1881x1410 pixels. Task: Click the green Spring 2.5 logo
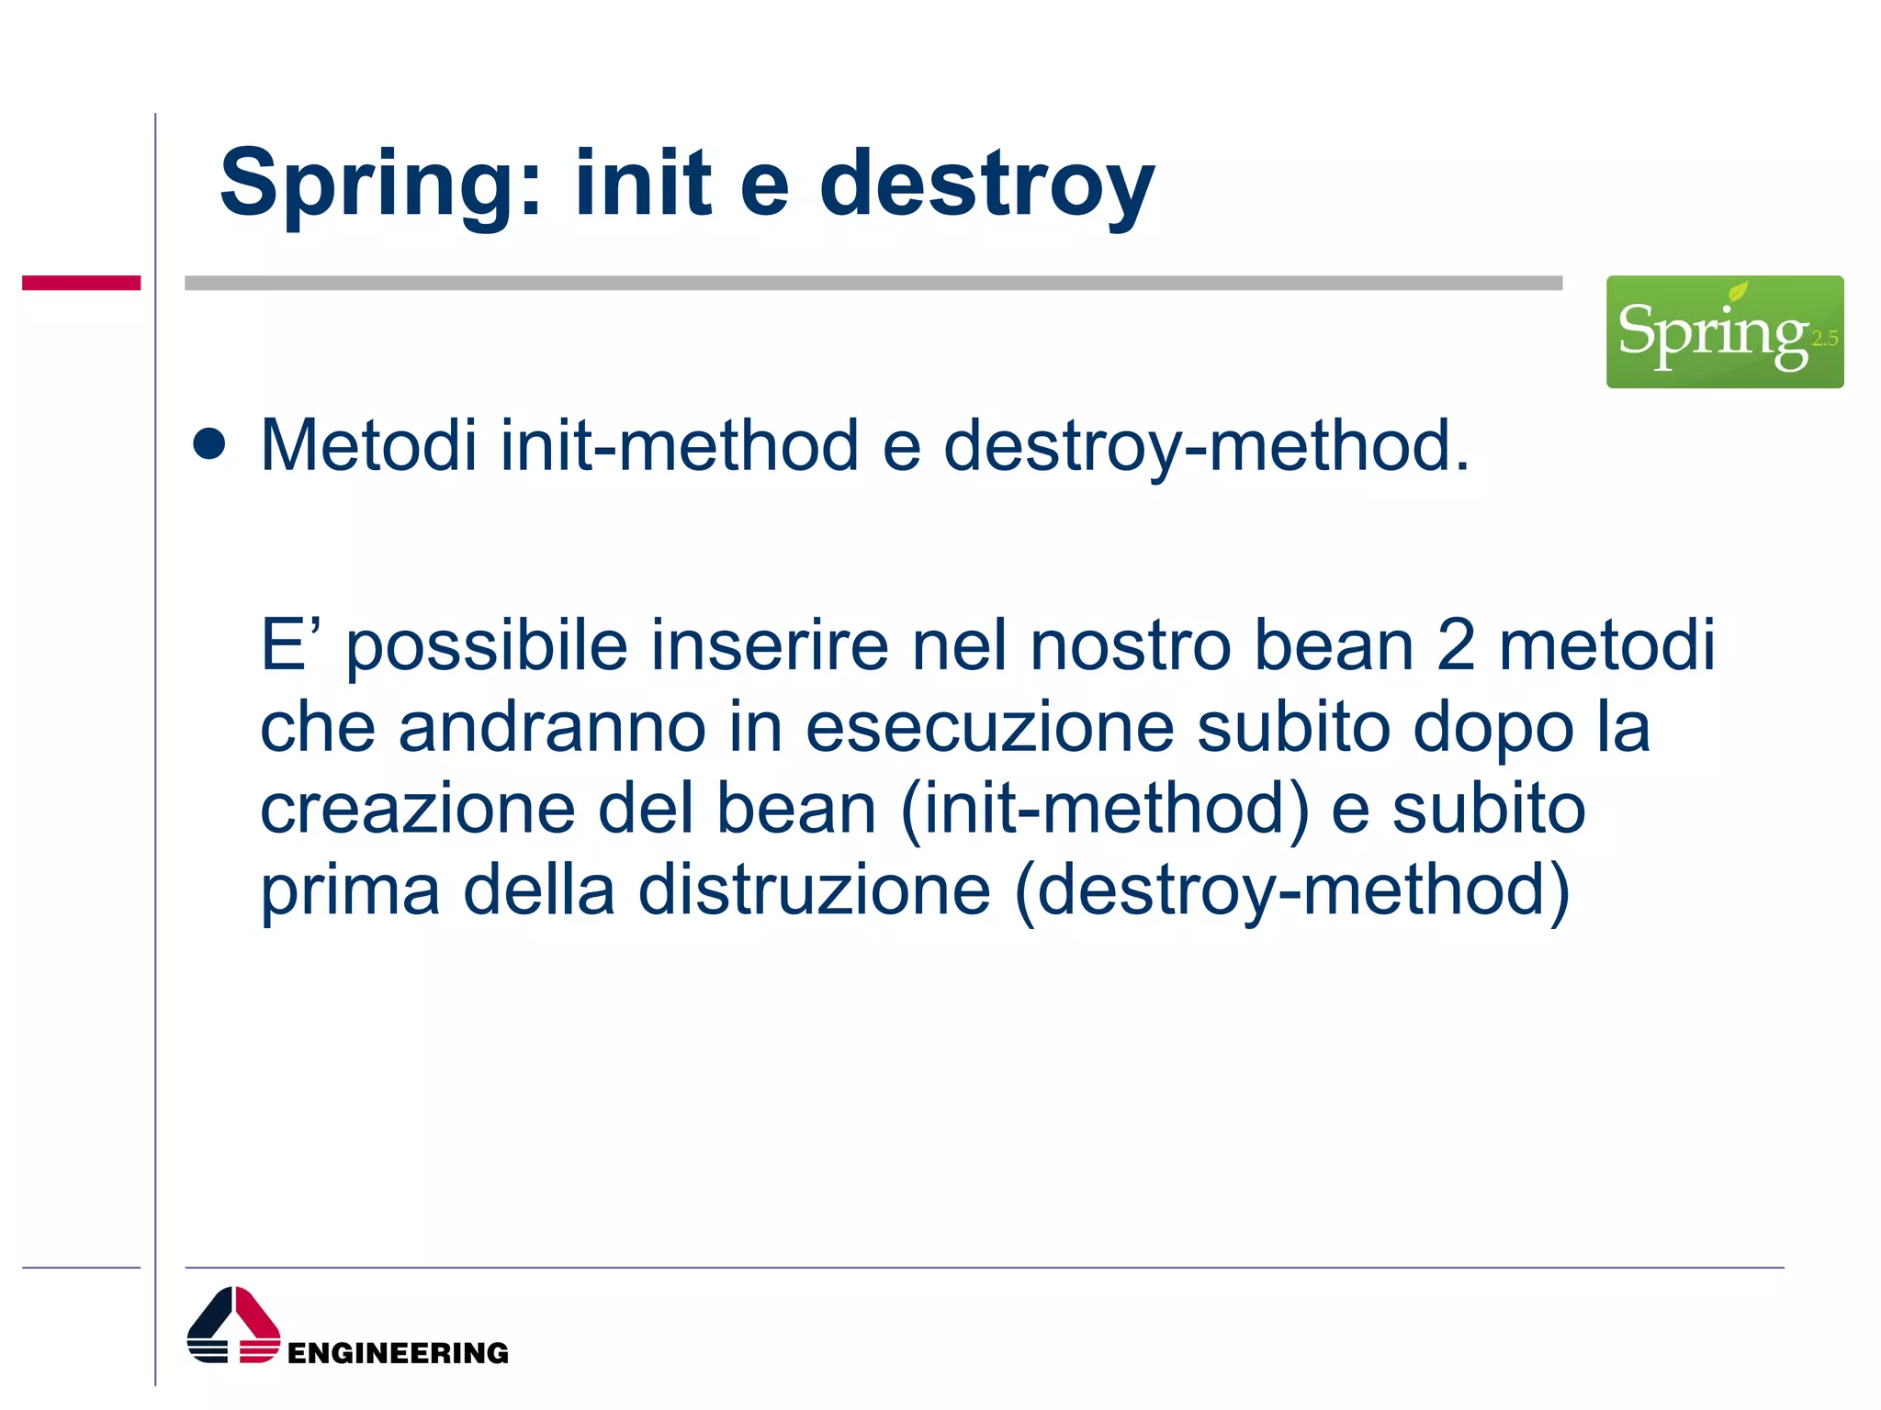click(1724, 331)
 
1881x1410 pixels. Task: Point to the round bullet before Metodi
click(210, 444)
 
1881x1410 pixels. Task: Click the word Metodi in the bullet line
click(368, 446)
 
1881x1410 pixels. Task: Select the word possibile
click(487, 646)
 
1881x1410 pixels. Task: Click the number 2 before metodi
click(1455, 644)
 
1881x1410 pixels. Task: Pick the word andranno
click(552, 727)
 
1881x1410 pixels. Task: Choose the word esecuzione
click(989, 727)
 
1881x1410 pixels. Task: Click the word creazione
click(418, 810)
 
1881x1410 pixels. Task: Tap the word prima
click(350, 892)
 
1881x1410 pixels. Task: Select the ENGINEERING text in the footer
click(398, 1352)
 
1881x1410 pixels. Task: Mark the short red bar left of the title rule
click(81, 283)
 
